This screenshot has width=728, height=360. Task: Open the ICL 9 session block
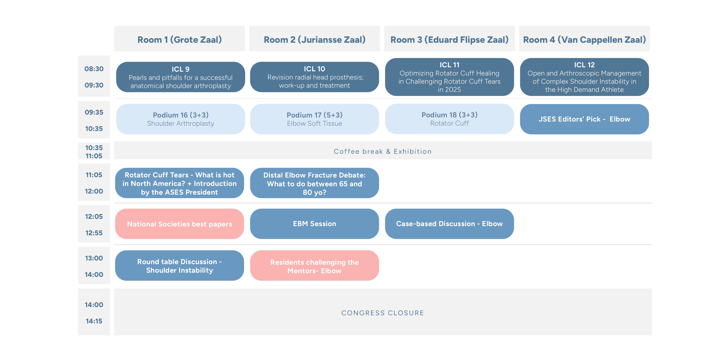[181, 77]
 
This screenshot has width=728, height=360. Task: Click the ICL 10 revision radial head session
[314, 77]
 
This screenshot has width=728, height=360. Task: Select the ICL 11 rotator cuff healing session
[449, 77]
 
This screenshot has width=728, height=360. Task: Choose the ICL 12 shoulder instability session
[584, 77]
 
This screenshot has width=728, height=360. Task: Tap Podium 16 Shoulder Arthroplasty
[181, 119]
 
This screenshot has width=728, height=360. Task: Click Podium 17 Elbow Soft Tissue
[314, 119]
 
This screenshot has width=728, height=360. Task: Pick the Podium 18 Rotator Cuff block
[449, 119]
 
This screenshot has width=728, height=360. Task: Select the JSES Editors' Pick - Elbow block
[584, 119]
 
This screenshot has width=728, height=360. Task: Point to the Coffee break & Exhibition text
[383, 152]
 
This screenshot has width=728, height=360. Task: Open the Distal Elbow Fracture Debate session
[314, 183]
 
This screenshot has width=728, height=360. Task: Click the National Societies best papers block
[179, 224]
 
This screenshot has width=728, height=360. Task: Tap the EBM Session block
[314, 224]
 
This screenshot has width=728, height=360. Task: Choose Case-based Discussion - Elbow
[449, 224]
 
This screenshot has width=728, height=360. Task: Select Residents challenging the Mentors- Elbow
[314, 266]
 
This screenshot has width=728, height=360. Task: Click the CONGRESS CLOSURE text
[383, 313]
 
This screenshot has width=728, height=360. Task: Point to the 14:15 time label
[94, 321]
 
